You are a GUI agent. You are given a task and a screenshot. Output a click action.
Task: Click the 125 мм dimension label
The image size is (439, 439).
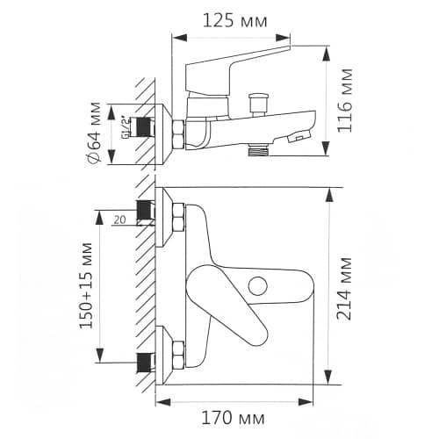tap(234, 21)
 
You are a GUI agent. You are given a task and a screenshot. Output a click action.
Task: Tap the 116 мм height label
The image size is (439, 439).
tap(345, 100)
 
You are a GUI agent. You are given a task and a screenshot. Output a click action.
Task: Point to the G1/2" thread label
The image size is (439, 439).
tap(125, 127)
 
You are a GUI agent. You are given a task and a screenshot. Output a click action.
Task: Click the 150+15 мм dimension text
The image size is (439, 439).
tap(86, 285)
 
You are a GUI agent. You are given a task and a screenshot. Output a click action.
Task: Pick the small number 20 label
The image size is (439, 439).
tap(119, 219)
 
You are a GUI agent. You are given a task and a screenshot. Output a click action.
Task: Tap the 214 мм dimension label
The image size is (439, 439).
tap(343, 289)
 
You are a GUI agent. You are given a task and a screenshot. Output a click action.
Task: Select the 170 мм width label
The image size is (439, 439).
tap(233, 418)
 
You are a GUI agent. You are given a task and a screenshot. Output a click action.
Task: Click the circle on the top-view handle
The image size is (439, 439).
tap(257, 286)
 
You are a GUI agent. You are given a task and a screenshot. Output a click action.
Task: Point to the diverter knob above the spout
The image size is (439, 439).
tap(258, 104)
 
